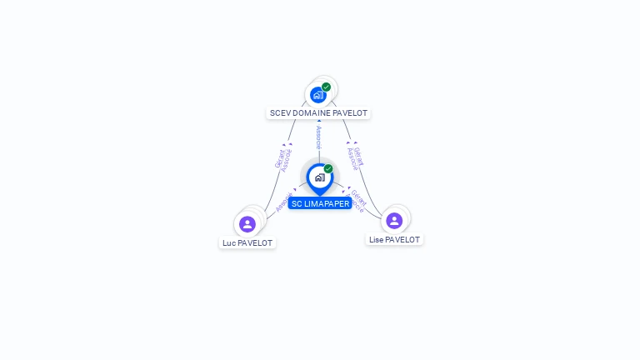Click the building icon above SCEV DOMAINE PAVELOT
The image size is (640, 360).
[317, 95]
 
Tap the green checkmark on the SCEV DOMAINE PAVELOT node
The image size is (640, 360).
[326, 87]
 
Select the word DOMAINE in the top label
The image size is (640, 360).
[312, 113]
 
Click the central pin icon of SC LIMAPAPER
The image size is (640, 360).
[319, 177]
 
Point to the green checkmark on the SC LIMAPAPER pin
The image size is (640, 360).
[328, 168]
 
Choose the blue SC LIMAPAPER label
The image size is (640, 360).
[320, 204]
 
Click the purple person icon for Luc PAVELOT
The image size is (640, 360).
[247, 224]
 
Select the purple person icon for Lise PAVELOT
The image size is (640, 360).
[394, 221]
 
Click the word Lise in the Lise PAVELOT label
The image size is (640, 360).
[376, 240]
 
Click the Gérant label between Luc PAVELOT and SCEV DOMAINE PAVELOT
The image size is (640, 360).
[279, 157]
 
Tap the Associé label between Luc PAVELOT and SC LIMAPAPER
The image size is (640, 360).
[283, 202]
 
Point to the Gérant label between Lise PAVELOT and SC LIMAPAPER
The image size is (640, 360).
[359, 197]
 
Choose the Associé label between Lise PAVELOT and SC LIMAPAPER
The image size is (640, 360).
[354, 205]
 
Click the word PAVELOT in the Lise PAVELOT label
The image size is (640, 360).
[402, 240]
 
